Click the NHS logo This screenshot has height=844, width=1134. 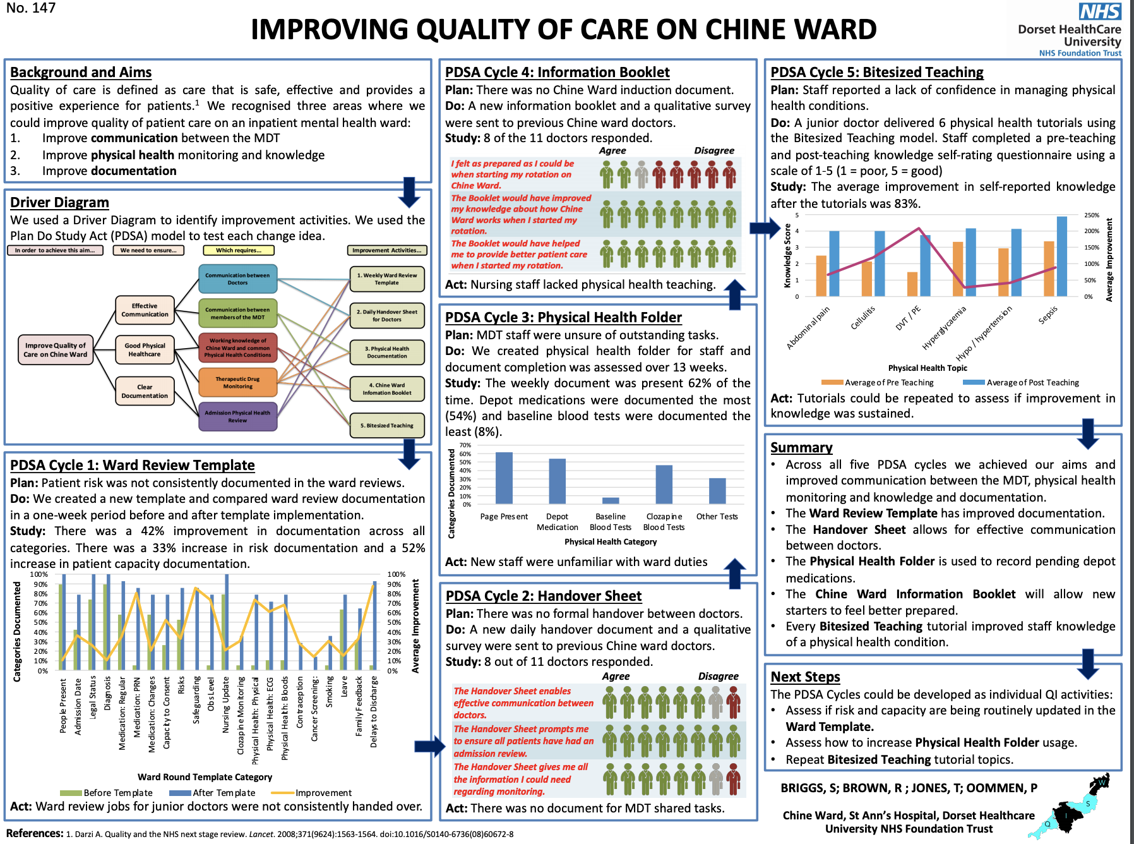click(1100, 11)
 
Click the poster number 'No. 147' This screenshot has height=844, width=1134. click(31, 8)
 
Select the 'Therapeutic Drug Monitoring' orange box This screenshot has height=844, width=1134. click(237, 383)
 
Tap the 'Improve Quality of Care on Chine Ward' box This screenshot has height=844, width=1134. click(56, 350)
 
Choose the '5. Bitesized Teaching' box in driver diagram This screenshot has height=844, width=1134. click(387, 425)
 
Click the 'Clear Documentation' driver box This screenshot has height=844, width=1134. click(145, 392)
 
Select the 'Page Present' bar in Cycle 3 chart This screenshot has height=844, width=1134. click(504, 477)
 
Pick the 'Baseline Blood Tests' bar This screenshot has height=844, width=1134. click(611, 500)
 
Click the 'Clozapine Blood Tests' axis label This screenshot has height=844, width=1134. click(664, 521)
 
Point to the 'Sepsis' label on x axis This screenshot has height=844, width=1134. click(1047, 315)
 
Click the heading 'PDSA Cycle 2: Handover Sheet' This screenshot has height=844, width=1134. click(543, 596)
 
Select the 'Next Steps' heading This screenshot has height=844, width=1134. click(805, 677)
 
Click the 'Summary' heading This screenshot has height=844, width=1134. click(801, 447)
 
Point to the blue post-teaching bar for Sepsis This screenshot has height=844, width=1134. click(1062, 256)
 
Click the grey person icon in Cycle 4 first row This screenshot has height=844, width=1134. click(642, 174)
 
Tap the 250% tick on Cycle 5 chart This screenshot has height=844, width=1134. click(1091, 215)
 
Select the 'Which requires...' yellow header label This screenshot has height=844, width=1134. click(238, 250)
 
